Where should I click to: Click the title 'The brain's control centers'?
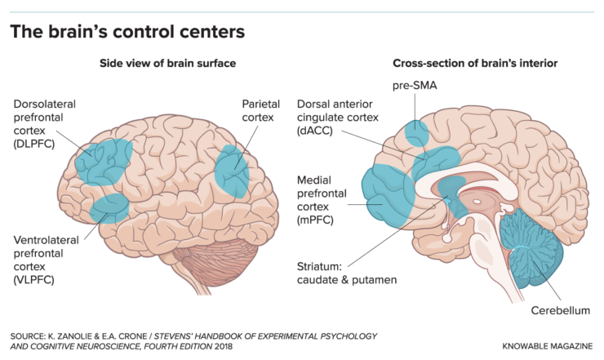[x=127, y=32]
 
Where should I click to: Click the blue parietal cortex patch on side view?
[x=233, y=171]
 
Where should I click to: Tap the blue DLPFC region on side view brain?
[x=103, y=160]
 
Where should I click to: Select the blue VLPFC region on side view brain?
[x=108, y=207]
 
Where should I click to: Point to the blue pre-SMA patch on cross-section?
[x=418, y=132]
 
